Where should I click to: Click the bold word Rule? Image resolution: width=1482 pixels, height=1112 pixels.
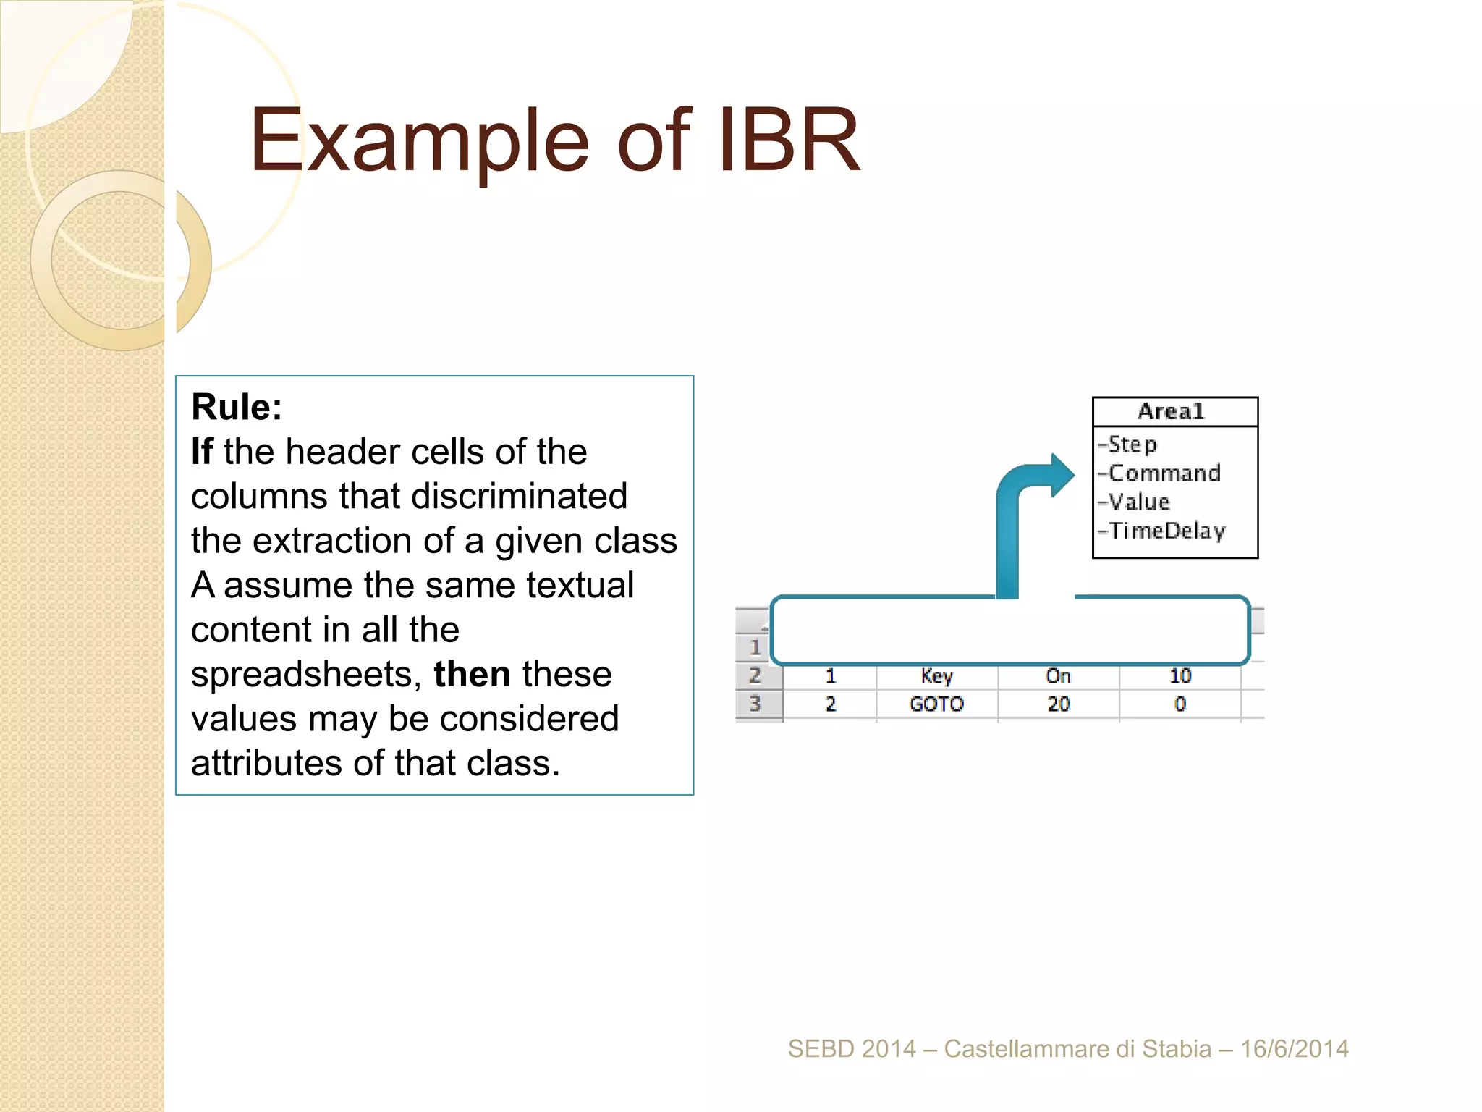[237, 407]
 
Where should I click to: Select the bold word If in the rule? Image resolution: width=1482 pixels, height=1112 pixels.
[202, 452]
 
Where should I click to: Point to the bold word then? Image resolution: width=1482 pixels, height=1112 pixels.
[472, 674]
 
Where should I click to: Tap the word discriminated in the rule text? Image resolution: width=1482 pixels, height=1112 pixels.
[519, 497]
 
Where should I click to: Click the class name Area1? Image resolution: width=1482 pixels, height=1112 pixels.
[1171, 411]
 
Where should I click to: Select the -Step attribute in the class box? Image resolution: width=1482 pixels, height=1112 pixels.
[1129, 444]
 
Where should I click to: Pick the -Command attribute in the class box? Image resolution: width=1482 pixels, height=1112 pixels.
[1160, 473]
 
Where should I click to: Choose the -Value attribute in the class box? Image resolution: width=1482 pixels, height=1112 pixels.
[1135, 502]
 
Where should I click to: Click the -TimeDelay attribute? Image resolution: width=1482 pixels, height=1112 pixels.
[1162, 531]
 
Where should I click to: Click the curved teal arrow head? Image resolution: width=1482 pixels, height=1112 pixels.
[1061, 476]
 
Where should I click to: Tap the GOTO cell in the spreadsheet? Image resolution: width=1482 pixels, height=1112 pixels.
[936, 704]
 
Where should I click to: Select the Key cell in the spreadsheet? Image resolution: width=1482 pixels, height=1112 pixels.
[936, 676]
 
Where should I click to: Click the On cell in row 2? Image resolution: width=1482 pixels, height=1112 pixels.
[1058, 676]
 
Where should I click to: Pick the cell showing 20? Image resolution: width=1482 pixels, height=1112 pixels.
[1058, 704]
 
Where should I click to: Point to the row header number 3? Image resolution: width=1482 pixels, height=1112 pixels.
[755, 704]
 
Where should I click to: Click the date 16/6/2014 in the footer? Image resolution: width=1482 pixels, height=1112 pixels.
[1294, 1048]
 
